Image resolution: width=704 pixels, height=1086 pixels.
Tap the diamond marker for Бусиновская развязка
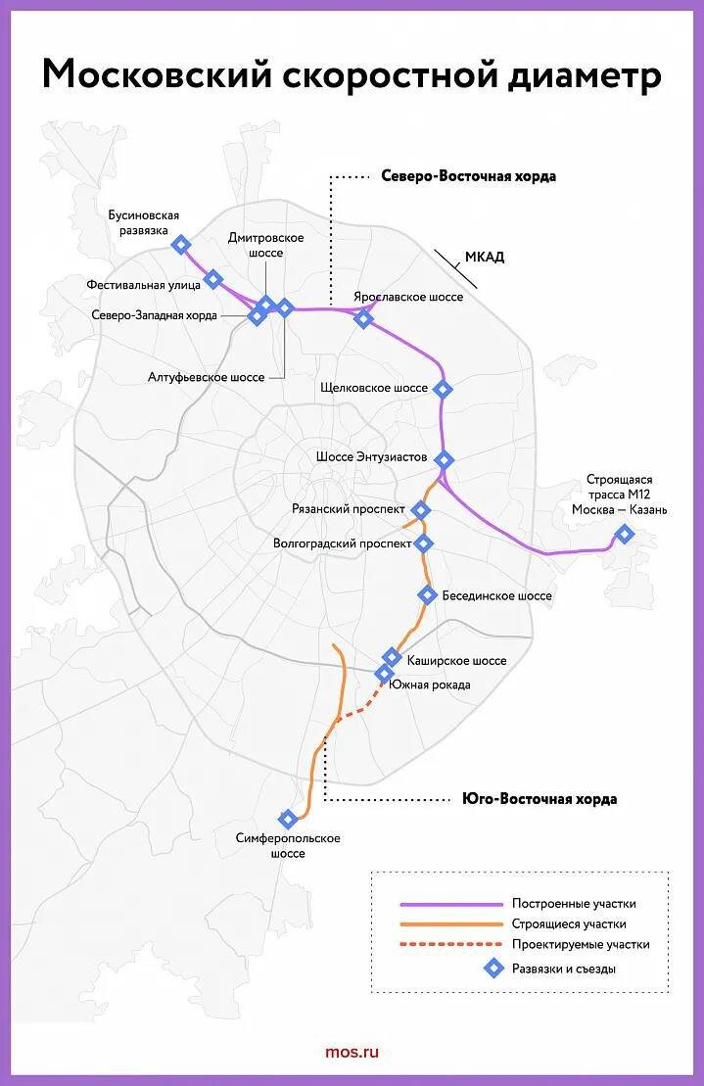click(180, 245)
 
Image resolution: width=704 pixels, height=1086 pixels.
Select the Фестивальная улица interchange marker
click(213, 281)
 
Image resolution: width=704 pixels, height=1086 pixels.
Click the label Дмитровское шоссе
click(265, 245)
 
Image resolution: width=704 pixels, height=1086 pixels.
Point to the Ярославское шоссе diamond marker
click(364, 318)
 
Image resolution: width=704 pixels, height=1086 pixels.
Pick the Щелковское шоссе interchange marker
click(443, 389)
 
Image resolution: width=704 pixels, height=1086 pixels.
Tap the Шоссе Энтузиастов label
click(371, 457)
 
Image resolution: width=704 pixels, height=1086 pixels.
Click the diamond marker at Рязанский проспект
click(422, 510)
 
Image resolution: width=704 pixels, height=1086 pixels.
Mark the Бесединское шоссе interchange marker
click(427, 594)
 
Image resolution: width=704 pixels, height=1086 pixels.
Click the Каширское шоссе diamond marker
click(392, 657)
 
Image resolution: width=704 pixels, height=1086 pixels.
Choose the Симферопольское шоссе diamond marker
click(288, 819)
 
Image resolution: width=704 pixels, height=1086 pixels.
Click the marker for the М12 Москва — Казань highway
click(624, 535)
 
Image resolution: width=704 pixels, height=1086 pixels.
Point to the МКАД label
click(484, 258)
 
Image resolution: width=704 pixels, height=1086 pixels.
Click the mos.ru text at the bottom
click(352, 1052)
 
